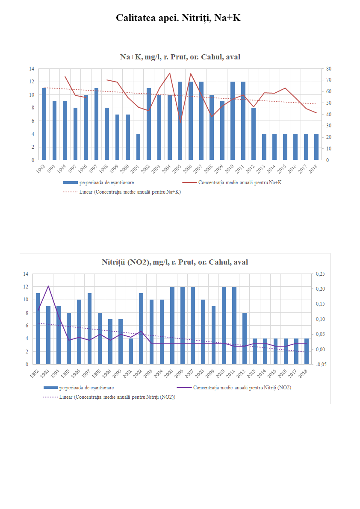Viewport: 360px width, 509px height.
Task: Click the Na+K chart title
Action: click(180, 57)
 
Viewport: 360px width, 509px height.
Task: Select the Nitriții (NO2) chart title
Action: click(174, 262)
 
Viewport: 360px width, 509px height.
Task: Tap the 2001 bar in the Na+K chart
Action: click(138, 147)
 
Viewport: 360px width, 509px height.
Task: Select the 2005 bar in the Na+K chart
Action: click(180, 121)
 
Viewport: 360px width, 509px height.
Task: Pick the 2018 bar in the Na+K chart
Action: click(316, 147)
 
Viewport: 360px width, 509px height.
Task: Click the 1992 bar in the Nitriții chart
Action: click(38, 329)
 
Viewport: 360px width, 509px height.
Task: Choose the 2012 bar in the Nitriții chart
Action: click(245, 338)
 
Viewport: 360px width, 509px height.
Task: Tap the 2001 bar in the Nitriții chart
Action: click(131, 351)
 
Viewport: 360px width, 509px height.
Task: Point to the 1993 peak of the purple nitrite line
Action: click(48, 286)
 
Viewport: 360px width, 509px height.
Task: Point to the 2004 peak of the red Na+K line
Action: click(170, 73)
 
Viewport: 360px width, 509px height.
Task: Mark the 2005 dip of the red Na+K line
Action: click(180, 122)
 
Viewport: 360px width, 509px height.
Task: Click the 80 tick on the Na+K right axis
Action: click(328, 68)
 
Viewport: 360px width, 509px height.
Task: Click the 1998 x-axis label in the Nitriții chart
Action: click(98, 373)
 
